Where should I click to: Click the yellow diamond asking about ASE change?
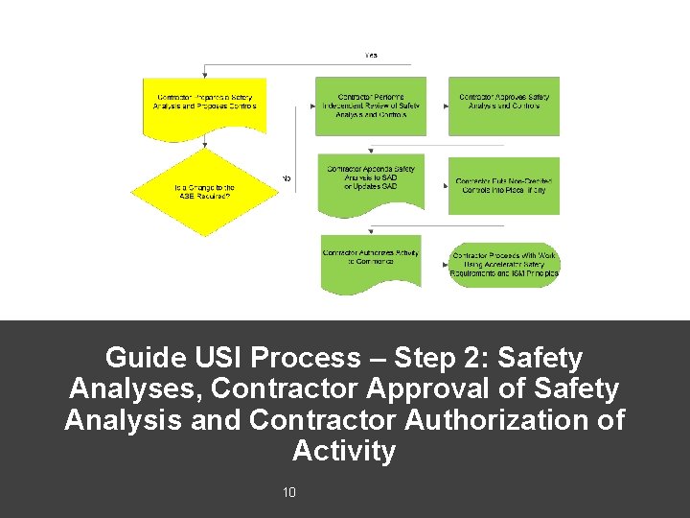point(205,192)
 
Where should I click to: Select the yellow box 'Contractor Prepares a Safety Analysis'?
point(205,102)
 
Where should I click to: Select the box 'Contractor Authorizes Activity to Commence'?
point(370,259)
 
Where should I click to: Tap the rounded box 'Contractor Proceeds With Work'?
point(504,265)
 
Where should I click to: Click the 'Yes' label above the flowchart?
point(370,56)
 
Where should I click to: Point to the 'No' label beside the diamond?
point(286,178)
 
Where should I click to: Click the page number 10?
point(289,493)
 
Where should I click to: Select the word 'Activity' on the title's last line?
point(344,451)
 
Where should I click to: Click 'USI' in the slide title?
point(220,359)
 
